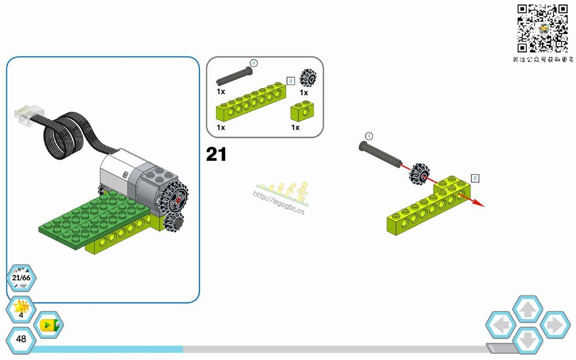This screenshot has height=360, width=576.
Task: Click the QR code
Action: tap(542, 28)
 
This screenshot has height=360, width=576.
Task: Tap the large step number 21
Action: tap(216, 154)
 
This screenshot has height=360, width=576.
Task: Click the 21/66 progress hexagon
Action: tap(21, 278)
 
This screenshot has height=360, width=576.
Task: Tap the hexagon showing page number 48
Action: tap(21, 339)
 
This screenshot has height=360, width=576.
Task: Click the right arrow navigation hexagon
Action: tap(555, 325)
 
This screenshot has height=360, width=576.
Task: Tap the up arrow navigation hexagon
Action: tap(528, 310)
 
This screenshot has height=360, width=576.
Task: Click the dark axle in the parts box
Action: tap(234, 76)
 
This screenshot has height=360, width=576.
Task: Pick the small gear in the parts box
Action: tap(308, 77)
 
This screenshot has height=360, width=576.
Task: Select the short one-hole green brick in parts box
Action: tap(302, 112)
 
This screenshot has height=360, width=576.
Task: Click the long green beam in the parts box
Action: tap(251, 102)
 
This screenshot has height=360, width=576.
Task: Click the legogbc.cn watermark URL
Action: tap(279, 202)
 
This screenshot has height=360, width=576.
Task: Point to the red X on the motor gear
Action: tap(179, 200)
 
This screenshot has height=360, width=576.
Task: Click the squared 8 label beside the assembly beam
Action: tap(475, 178)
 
